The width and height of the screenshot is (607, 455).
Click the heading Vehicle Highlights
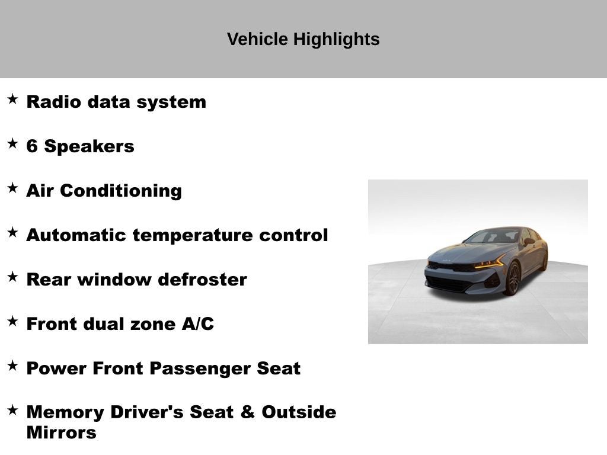303,39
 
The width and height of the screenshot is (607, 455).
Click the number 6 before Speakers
32,146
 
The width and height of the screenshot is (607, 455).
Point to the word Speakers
89,146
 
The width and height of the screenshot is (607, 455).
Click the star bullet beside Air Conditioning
12,188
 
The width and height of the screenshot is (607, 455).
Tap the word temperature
193,235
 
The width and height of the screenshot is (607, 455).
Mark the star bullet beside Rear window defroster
12,277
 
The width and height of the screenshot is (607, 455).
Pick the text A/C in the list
197,324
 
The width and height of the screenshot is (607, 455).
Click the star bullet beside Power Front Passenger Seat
12,366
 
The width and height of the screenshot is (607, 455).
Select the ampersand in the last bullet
247,412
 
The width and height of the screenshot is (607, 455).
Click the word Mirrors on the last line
61,432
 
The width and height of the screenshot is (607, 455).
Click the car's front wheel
512,278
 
